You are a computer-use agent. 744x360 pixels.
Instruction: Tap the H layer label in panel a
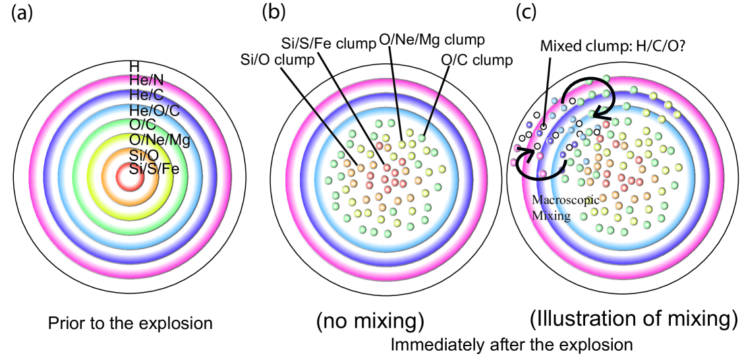point(134,67)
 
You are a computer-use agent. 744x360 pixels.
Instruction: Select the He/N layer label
point(147,80)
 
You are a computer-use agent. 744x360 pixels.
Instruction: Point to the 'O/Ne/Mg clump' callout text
point(431,40)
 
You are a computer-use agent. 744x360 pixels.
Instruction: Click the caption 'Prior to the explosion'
point(130,324)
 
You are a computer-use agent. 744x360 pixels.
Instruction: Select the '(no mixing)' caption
point(370,321)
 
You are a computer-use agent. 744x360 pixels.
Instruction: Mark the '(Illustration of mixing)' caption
point(633,319)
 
